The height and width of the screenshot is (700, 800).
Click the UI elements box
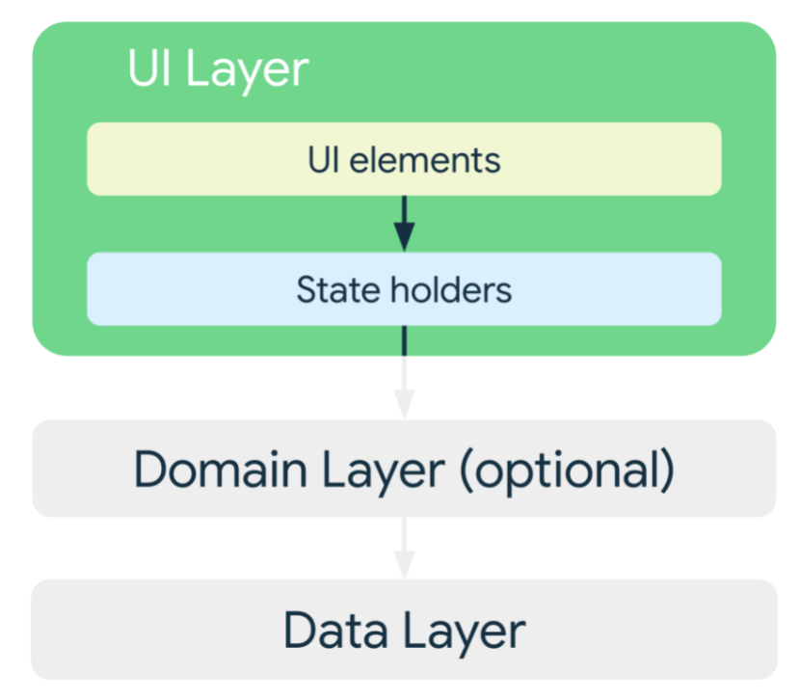(404, 159)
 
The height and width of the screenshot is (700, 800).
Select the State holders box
(404, 289)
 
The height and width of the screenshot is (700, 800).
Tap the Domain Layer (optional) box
(404, 469)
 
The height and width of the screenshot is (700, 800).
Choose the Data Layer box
(404, 629)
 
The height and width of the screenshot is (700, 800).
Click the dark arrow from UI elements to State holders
(404, 224)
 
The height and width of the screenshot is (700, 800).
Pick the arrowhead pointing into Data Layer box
(404, 565)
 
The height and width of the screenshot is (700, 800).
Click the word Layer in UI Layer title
(248, 71)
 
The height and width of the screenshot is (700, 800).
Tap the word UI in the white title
(149, 67)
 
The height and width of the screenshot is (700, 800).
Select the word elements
(425, 160)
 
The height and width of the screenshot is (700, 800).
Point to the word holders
(451, 290)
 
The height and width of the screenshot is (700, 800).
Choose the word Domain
(221, 470)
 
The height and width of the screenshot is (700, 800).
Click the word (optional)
(567, 471)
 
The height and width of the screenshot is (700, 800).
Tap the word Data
(335, 631)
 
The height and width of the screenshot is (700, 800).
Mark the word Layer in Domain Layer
(384, 472)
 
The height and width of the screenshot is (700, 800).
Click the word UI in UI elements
(324, 160)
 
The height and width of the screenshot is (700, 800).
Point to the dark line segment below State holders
(404, 340)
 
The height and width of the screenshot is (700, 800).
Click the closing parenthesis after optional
(667, 471)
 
